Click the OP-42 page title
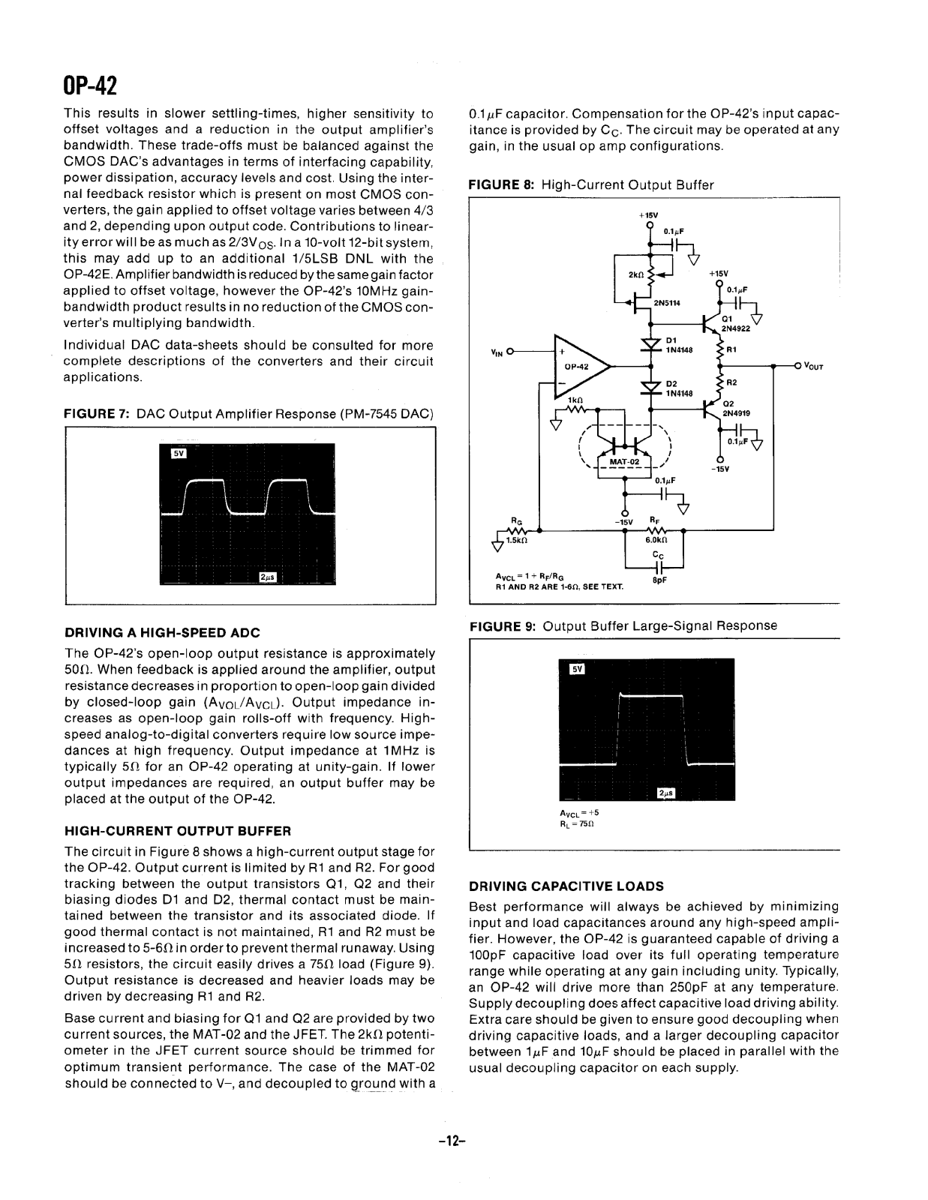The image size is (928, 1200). tap(91, 85)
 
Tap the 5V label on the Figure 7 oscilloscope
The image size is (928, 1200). tap(178, 454)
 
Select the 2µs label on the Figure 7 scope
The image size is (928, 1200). tap(268, 577)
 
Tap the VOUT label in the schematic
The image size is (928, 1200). tap(813, 367)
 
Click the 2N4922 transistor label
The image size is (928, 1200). tap(735, 328)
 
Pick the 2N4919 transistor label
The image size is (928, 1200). tap(736, 412)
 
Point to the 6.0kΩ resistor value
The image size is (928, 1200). tap(656, 539)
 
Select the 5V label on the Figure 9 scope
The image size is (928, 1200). tap(576, 668)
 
